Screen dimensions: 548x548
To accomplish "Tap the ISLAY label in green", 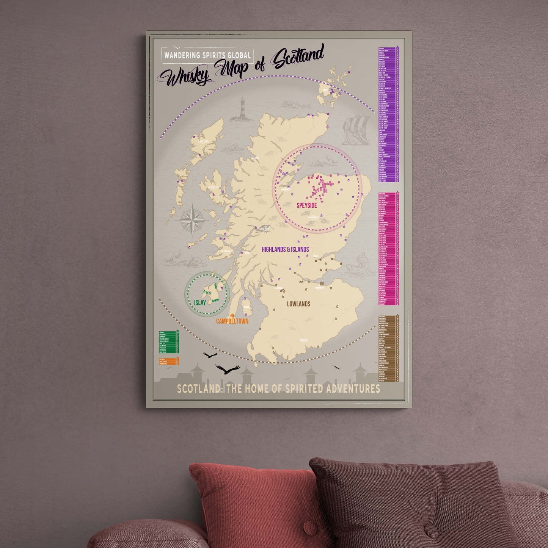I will (200, 302).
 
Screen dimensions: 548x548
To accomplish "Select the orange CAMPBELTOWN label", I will (232, 321).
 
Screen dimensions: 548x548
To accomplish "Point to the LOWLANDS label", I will (298, 304).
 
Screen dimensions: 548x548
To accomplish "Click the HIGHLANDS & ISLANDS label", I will (285, 249).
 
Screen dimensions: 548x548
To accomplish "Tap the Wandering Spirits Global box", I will (207, 55).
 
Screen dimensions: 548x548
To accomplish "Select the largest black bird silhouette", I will (228, 369).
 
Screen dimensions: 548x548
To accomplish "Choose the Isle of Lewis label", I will (203, 141).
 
